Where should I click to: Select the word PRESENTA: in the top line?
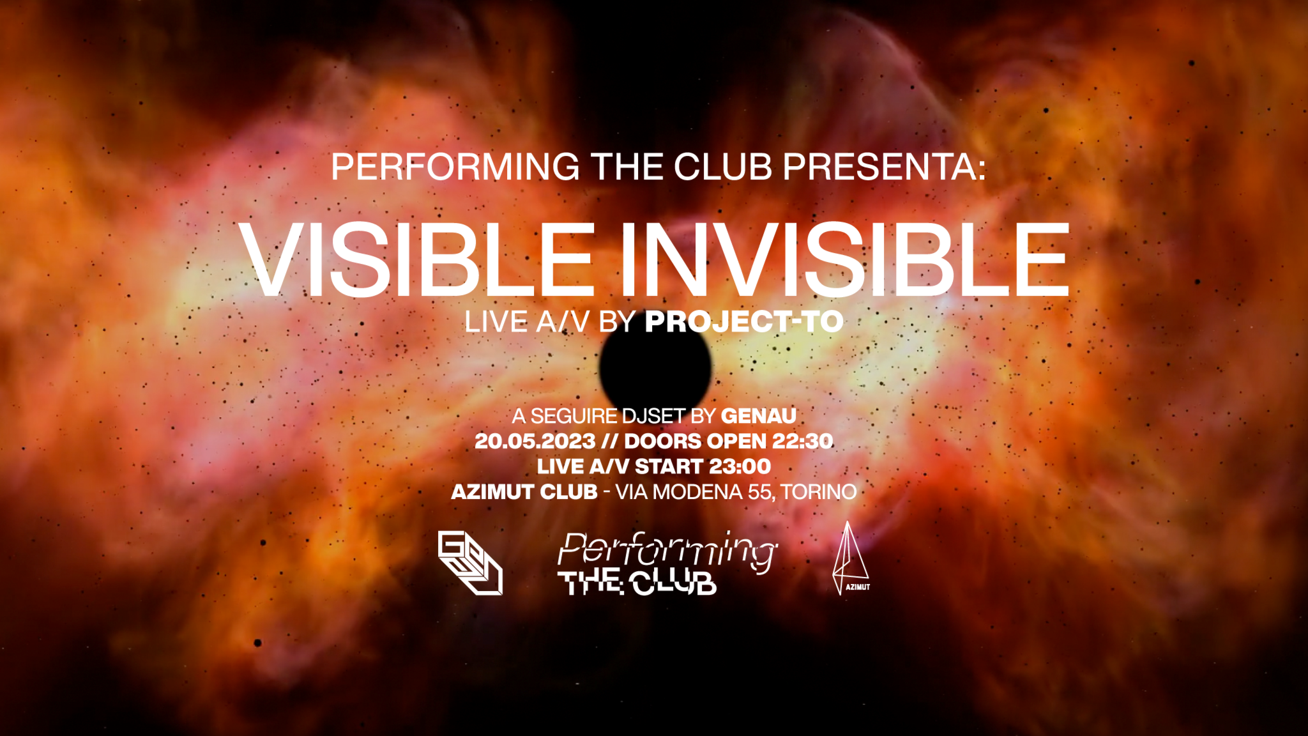885,167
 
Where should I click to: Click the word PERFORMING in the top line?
455,167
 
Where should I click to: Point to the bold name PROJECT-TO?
744,321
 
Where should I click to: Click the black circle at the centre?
655,366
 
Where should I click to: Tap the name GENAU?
758,416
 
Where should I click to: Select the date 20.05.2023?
535,441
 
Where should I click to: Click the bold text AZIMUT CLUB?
524,492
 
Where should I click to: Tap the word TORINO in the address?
818,492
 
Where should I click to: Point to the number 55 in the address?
759,492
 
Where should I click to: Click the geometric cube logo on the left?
470,563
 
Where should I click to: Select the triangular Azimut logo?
849,559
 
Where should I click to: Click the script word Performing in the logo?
667,549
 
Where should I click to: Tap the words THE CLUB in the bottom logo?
637,583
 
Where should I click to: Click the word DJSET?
653,416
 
